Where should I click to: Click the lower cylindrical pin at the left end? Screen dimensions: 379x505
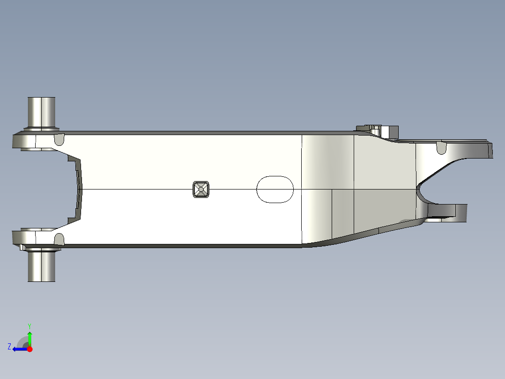(41, 265)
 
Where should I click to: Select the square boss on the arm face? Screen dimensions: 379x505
(201, 189)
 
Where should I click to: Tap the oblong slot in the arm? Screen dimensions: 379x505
(275, 189)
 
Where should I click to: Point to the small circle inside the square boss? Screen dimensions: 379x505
(201, 189)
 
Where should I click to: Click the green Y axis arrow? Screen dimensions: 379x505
(30, 337)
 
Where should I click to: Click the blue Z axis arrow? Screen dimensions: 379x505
(18, 349)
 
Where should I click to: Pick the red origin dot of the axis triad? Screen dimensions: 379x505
(30, 349)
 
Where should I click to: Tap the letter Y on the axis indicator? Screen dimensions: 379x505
(29, 326)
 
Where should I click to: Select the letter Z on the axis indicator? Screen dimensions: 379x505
(9, 346)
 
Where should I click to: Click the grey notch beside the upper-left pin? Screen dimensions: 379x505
(59, 139)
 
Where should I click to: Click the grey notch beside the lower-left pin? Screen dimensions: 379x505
(59, 239)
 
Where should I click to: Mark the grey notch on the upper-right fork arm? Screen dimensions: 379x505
(441, 148)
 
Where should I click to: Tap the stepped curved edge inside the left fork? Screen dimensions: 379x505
(79, 189)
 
